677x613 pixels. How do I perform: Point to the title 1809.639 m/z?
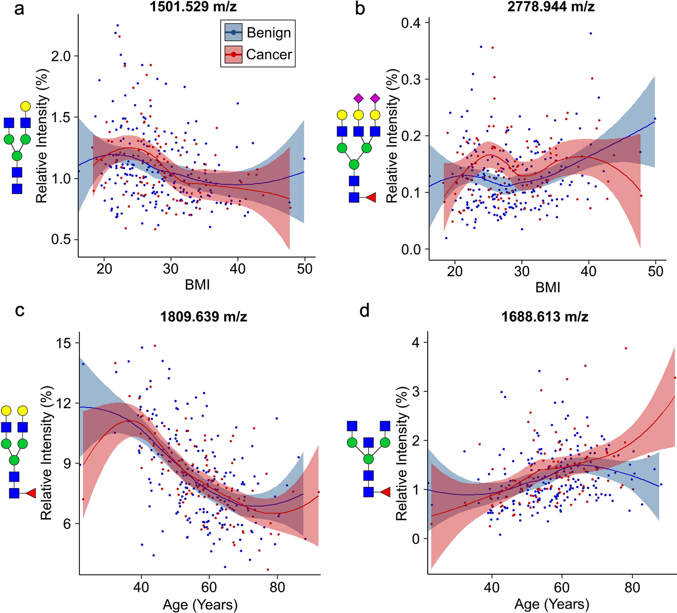(x=203, y=317)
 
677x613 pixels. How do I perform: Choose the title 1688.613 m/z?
(x=545, y=317)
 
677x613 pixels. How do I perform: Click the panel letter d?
(x=364, y=311)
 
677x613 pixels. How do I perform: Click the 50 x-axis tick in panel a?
(x=305, y=269)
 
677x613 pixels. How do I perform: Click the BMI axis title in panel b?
(x=548, y=288)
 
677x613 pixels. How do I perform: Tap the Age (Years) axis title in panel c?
(x=200, y=604)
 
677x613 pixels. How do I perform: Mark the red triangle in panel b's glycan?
(x=370, y=198)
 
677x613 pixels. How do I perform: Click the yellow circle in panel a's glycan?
(x=26, y=106)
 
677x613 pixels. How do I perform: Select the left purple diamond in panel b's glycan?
(x=358, y=97)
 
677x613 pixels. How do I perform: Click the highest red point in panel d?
(x=625, y=348)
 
